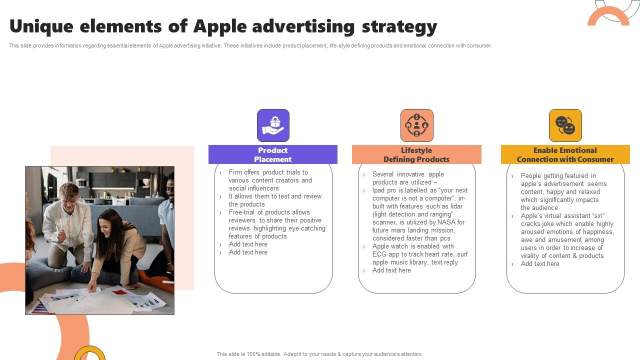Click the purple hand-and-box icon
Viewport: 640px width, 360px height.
point(273,125)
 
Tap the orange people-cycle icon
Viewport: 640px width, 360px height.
point(417,125)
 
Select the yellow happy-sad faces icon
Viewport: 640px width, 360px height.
point(565,125)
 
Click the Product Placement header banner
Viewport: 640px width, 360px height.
point(273,154)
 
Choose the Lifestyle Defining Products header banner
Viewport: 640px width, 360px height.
point(416,154)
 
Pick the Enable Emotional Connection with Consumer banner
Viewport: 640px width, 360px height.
point(565,154)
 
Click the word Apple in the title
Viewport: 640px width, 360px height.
point(220,27)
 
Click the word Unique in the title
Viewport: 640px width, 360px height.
point(41,27)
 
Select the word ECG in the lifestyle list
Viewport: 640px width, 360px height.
point(379,254)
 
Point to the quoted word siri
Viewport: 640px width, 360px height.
point(598,215)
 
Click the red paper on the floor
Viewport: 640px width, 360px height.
point(119,292)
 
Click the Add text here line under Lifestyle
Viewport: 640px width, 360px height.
point(391,270)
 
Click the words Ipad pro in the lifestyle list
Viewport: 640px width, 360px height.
point(384,190)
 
